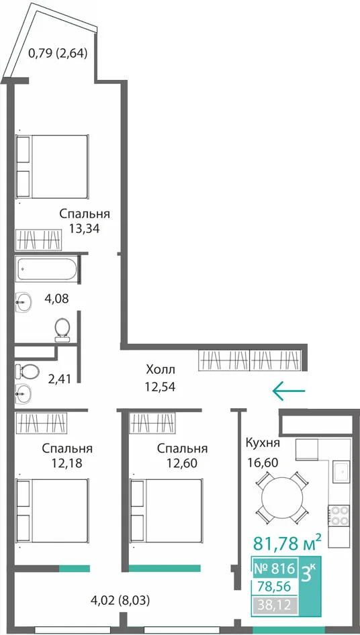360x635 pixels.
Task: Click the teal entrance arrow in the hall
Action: (x=289, y=391)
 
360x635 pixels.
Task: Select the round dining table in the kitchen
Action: (x=282, y=497)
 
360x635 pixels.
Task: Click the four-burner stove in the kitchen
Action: (x=339, y=515)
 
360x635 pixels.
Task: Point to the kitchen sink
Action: (x=341, y=471)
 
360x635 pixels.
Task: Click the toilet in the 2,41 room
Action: (x=27, y=370)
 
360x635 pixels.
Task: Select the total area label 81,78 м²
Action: (x=287, y=542)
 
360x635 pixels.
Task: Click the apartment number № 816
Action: (x=274, y=569)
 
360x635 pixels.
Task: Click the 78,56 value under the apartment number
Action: (x=275, y=586)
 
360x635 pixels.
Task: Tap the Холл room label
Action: (x=160, y=370)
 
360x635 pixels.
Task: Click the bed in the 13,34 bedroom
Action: (x=52, y=166)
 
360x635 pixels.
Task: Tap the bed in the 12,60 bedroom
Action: (x=165, y=511)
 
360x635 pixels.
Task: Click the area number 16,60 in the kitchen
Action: (x=263, y=462)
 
